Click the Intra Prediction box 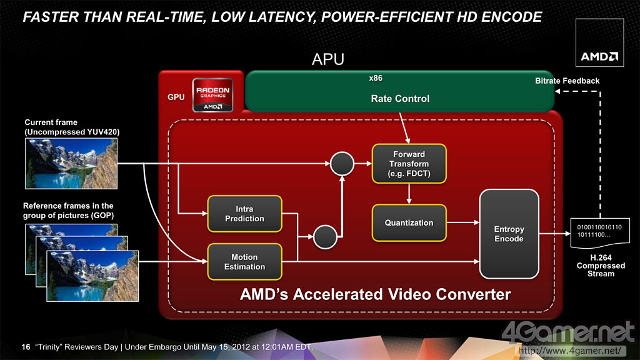(x=244, y=214)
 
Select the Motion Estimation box (x=244, y=262)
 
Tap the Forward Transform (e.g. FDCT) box (x=409, y=163)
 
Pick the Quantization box (x=409, y=222)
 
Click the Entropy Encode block (x=509, y=234)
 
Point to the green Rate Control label (x=400, y=98)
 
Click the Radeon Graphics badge (x=212, y=95)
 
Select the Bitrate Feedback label (x=567, y=81)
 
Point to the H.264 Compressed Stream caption (x=597, y=265)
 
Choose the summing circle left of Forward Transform (x=342, y=164)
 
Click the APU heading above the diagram (x=328, y=60)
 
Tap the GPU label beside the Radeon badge (x=176, y=98)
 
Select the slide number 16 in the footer (x=26, y=347)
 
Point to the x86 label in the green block (x=376, y=79)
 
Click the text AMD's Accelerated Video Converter (x=375, y=294)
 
